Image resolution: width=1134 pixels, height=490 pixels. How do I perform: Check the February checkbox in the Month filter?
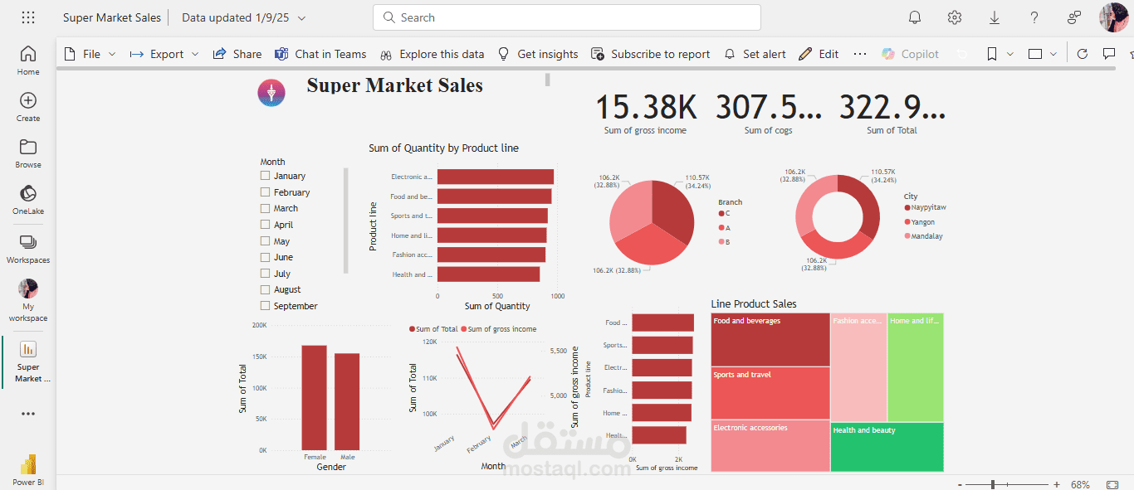coord(265,192)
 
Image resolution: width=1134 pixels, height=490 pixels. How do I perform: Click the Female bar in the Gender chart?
coord(314,397)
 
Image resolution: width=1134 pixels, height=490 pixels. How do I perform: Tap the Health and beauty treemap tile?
coord(887,446)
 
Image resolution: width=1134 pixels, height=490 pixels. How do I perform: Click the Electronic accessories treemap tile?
coord(770,446)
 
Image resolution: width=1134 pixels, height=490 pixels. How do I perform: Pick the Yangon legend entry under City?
coord(922,222)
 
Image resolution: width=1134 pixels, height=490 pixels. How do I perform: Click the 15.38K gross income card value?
coord(646,108)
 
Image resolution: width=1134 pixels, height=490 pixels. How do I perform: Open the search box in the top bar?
coord(567,17)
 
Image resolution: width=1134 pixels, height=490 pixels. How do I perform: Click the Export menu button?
coord(164,54)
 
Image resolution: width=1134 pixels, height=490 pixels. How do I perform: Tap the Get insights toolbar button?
coord(538,54)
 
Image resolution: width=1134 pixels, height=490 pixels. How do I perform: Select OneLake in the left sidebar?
coord(28,200)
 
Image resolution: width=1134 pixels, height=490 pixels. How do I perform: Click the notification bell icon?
coord(915,17)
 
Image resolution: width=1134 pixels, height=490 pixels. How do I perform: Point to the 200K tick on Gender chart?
coord(259,325)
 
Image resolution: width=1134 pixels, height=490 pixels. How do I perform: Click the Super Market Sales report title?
coord(394,85)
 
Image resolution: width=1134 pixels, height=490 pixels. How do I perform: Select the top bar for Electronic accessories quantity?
coord(495,177)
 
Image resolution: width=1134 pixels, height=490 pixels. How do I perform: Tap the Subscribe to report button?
coord(651,54)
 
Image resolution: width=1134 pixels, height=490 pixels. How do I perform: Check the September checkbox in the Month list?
coord(265,306)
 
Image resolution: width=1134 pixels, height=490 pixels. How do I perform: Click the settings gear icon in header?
coord(955,17)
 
